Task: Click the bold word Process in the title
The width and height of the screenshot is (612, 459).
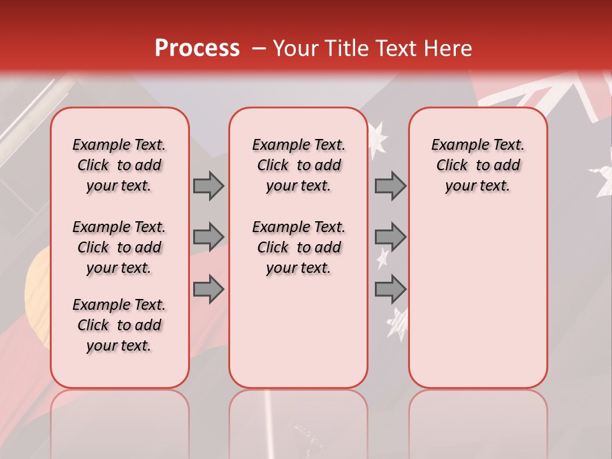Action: click(x=197, y=48)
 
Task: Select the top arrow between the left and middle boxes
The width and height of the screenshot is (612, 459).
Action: click(x=208, y=186)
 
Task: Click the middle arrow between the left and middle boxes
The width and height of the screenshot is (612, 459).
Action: click(x=208, y=237)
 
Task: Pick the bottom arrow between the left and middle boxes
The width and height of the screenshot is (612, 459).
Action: click(x=208, y=289)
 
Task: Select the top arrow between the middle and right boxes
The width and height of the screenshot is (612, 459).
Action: click(x=390, y=186)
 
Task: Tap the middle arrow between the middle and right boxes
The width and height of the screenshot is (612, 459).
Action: click(x=390, y=237)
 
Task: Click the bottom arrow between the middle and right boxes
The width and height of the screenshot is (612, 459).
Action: click(x=390, y=289)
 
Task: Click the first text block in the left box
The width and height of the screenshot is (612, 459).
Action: click(x=119, y=165)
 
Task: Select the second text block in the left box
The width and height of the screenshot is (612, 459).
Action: click(x=119, y=247)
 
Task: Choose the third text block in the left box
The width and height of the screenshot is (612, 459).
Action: click(x=119, y=325)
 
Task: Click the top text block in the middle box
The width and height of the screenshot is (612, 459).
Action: click(x=298, y=165)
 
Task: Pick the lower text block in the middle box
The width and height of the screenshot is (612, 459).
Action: click(x=298, y=247)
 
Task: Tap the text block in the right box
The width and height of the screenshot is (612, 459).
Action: click(x=477, y=165)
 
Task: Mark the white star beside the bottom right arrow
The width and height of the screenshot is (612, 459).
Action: click(x=398, y=323)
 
